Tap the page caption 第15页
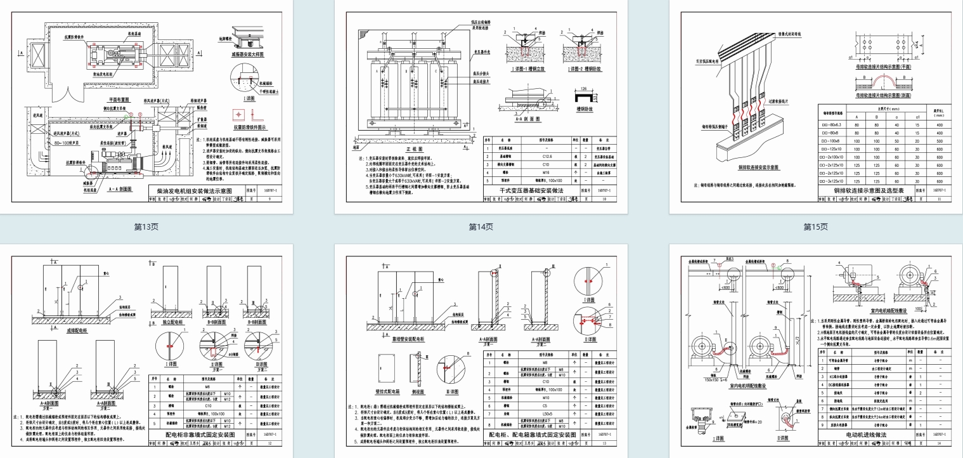click(x=815, y=226)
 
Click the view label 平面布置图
click(x=117, y=100)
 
